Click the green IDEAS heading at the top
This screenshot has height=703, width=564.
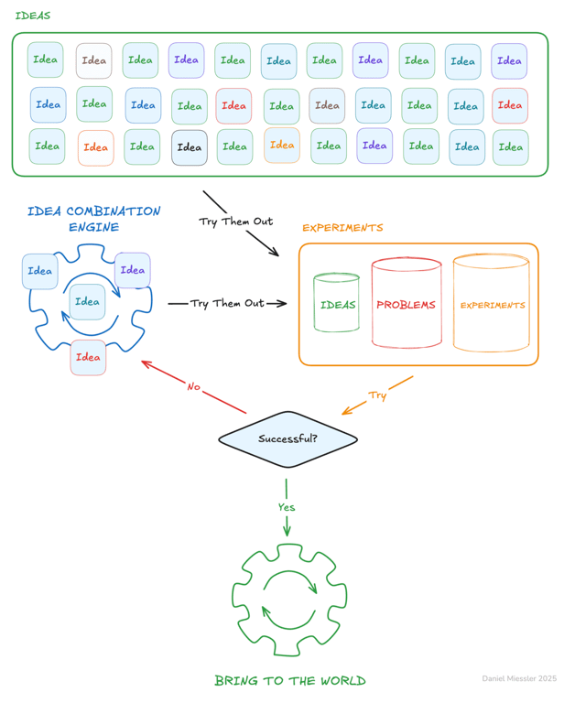point(33,16)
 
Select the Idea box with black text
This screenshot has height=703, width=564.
point(190,147)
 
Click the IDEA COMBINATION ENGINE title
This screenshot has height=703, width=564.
point(93,219)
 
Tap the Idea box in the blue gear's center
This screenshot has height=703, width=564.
point(88,302)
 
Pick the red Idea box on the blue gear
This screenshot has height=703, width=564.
point(89,357)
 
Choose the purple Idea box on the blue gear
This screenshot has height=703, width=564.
point(133,270)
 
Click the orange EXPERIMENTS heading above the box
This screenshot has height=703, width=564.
point(342,227)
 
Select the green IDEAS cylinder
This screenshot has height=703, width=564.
point(337,304)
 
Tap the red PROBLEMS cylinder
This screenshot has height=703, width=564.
point(407,304)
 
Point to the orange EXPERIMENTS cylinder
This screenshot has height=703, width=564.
point(492,304)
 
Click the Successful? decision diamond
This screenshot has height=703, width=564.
point(287,439)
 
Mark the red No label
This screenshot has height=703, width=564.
point(193,386)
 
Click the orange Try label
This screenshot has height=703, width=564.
point(377,395)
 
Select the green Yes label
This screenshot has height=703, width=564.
point(287,506)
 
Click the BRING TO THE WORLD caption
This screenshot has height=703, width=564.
point(289,680)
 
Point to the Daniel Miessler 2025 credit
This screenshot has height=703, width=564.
point(519,678)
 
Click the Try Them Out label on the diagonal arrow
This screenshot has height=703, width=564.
point(236,222)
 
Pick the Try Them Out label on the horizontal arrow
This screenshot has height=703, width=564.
point(227,303)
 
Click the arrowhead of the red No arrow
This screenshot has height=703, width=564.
point(145,362)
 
